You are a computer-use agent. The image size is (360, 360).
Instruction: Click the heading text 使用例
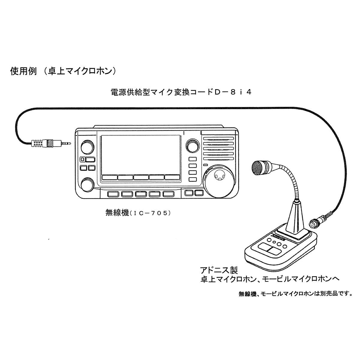pos(23,71)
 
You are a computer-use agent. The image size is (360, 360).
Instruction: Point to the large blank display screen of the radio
pos(140,155)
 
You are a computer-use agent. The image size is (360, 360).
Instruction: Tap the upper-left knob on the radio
pos(87,146)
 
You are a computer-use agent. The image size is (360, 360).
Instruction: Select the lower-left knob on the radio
pos(87,184)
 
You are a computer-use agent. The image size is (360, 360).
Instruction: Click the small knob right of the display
pos(192,145)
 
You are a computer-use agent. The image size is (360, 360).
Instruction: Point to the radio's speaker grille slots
pos(218,149)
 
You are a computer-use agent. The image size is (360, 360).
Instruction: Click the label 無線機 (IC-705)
pos(138,213)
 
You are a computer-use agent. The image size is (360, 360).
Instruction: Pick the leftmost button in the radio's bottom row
pos(113,194)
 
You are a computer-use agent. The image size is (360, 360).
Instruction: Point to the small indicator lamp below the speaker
pos(206,165)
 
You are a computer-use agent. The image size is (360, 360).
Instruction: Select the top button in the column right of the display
pos(193,159)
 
